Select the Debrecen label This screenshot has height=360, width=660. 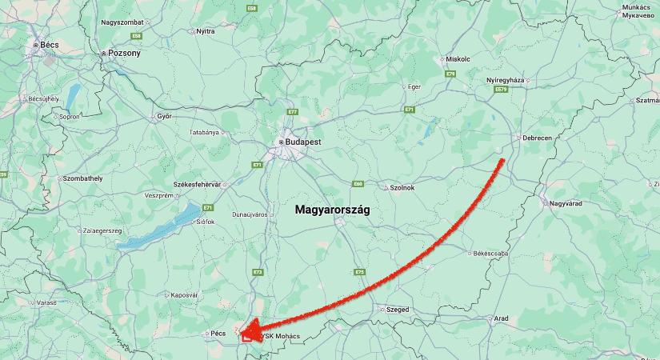pos(537,138)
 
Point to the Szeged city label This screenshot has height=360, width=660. pos(397,310)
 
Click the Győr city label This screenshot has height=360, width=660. pos(165,116)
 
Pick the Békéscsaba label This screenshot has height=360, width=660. pos(491,253)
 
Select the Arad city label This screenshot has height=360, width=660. pos(501,318)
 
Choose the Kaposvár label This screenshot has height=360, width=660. pos(184,295)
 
